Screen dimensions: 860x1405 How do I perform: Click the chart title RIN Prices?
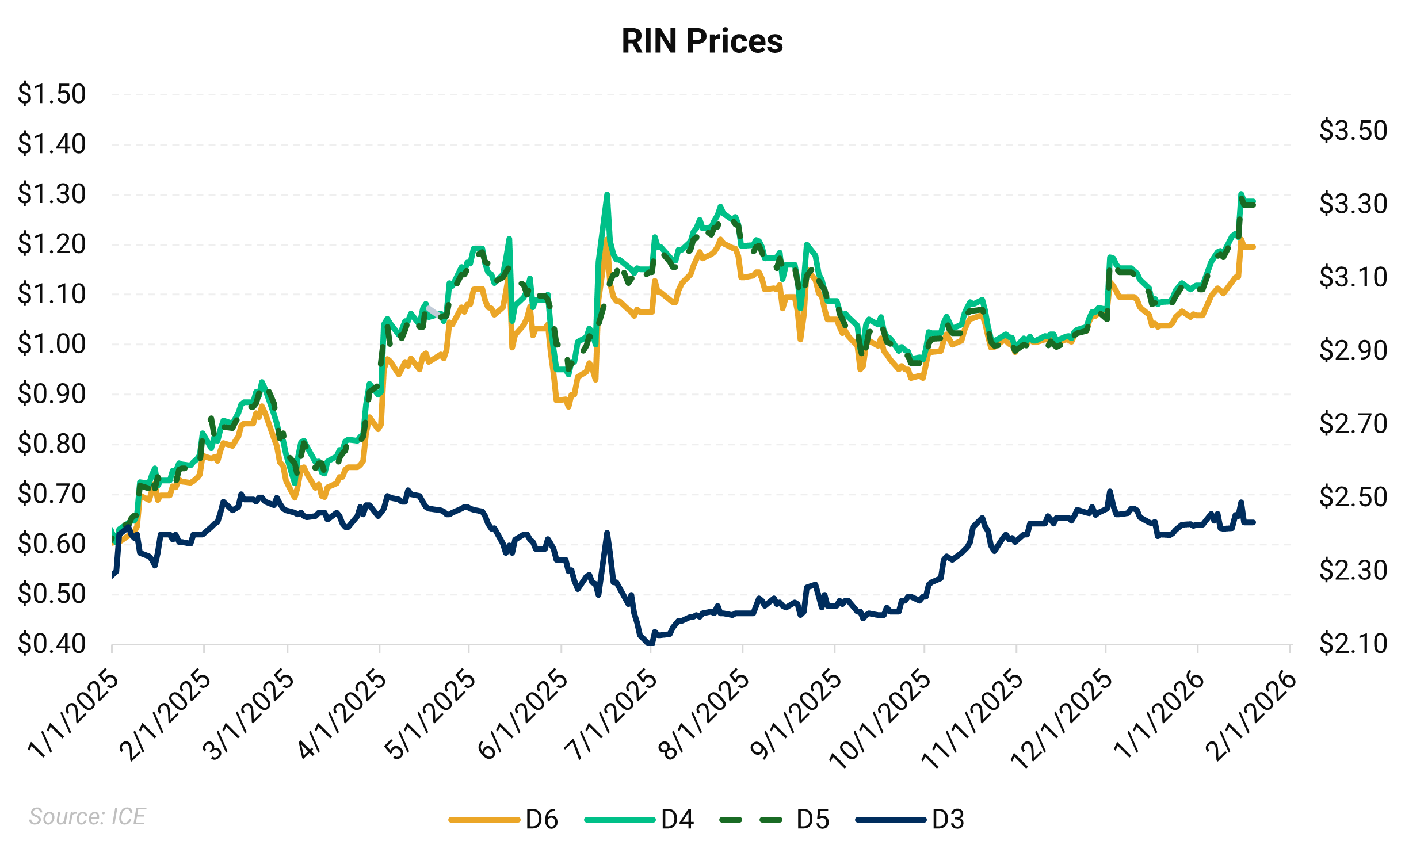pyautogui.click(x=702, y=41)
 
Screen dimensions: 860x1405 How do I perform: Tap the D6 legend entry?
pyautogui.click(x=541, y=819)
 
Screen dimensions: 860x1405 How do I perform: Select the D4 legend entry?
pyautogui.click(x=677, y=819)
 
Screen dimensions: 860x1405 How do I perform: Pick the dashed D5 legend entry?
pyautogui.click(x=812, y=819)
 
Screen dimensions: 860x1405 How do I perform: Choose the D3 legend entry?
pyautogui.click(x=947, y=819)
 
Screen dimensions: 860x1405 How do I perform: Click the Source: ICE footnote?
pyautogui.click(x=87, y=816)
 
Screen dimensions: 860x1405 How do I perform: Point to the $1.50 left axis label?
pyautogui.click(x=52, y=94)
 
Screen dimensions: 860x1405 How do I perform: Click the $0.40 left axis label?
pyautogui.click(x=52, y=644)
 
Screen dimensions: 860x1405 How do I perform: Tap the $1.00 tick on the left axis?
pyautogui.click(x=52, y=344)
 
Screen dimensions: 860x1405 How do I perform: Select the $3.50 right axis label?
pyautogui.click(x=1353, y=131)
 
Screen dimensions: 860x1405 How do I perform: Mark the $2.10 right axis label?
pyautogui.click(x=1353, y=644)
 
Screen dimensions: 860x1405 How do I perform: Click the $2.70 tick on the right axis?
pyautogui.click(x=1353, y=424)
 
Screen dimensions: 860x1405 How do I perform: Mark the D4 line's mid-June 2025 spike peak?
pyautogui.click(x=607, y=195)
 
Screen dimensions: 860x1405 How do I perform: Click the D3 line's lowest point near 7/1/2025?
pyautogui.click(x=650, y=644)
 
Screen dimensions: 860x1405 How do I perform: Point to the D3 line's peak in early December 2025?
pyautogui.click(x=1110, y=492)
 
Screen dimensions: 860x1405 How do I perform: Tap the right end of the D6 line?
pyautogui.click(x=1253, y=247)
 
